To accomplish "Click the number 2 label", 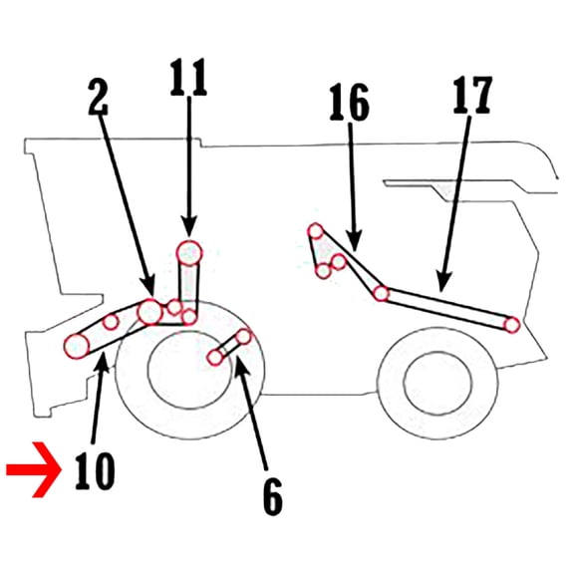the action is pyautogui.click(x=98, y=97).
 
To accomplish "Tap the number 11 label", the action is pyautogui.click(x=188, y=77).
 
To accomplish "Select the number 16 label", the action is pyautogui.click(x=349, y=102).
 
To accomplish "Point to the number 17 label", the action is pyautogui.click(x=472, y=95).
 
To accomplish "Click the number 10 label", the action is pyautogui.click(x=95, y=471).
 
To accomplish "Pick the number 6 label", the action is pyautogui.click(x=273, y=496).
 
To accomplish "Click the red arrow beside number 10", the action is pyautogui.click(x=34, y=470).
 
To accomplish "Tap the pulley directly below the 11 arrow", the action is pyautogui.click(x=189, y=252).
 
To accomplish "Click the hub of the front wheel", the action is pyautogui.click(x=190, y=370).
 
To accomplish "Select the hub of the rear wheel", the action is pyautogui.click(x=437, y=383).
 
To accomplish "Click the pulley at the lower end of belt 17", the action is pyautogui.click(x=512, y=325).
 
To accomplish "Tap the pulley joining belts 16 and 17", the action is pyautogui.click(x=381, y=293).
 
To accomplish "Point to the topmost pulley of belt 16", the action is pyautogui.click(x=316, y=231).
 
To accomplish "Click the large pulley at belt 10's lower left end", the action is pyautogui.click(x=77, y=346).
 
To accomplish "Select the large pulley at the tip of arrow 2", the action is pyautogui.click(x=149, y=312).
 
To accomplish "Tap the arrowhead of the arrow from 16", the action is pyautogui.click(x=354, y=241).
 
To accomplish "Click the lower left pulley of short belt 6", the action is pyautogui.click(x=215, y=358).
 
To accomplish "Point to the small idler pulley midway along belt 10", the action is pyautogui.click(x=111, y=322).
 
